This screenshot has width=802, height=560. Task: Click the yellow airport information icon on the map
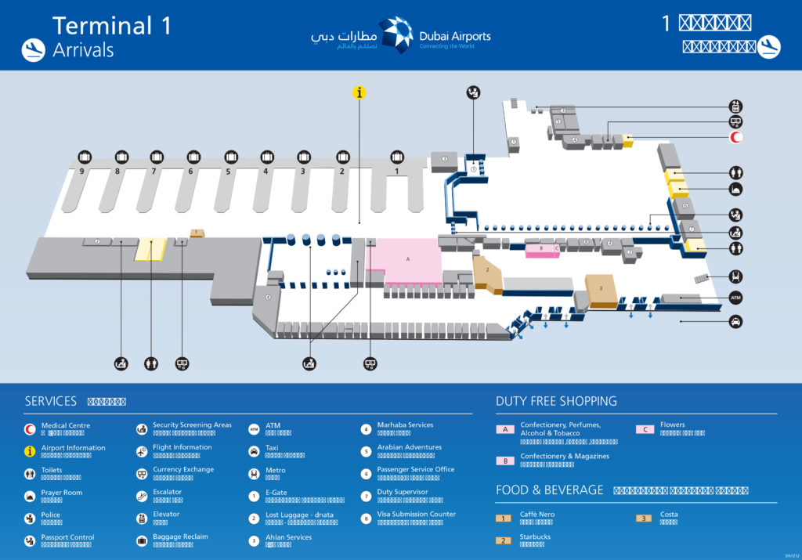(359, 92)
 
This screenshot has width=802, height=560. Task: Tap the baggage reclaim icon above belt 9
(85, 157)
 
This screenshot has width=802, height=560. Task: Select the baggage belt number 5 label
(228, 171)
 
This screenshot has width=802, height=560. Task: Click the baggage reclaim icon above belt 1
(397, 157)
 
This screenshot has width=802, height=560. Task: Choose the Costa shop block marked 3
(601, 288)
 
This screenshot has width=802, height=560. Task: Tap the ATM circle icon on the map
(735, 298)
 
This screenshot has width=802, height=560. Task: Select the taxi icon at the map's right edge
(735, 321)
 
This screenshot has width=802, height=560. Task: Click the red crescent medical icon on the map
(735, 139)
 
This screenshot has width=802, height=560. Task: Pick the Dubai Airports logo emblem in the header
(396, 35)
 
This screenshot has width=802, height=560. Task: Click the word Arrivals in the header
(83, 50)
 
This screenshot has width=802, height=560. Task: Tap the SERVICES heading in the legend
(51, 401)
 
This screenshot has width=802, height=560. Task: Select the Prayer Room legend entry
(61, 493)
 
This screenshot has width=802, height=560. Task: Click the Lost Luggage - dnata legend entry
(300, 515)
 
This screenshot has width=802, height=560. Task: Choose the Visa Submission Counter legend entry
(416, 515)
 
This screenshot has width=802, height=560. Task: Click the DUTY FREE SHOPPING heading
(556, 401)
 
